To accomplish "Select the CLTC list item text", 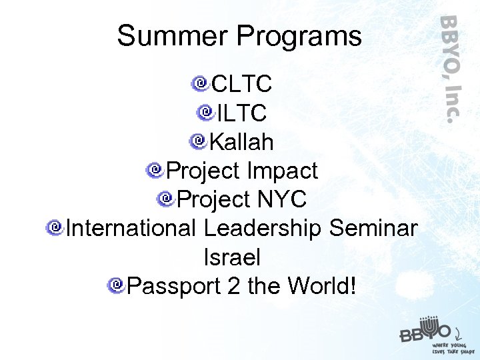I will pos(241,85).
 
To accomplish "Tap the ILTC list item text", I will pos(241,113).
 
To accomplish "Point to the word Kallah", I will pos(241,142).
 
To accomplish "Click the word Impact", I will pos(282,171).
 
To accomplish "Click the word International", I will pos(131,228).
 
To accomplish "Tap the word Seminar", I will pos(373,228).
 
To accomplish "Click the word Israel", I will pos(232,257).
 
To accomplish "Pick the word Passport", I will pos(173,286).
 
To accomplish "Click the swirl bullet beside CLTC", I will pos(199,84).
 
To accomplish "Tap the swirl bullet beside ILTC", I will pos(205,112).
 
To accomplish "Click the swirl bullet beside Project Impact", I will pos(155,170).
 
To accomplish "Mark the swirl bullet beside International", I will pos(55,227).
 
